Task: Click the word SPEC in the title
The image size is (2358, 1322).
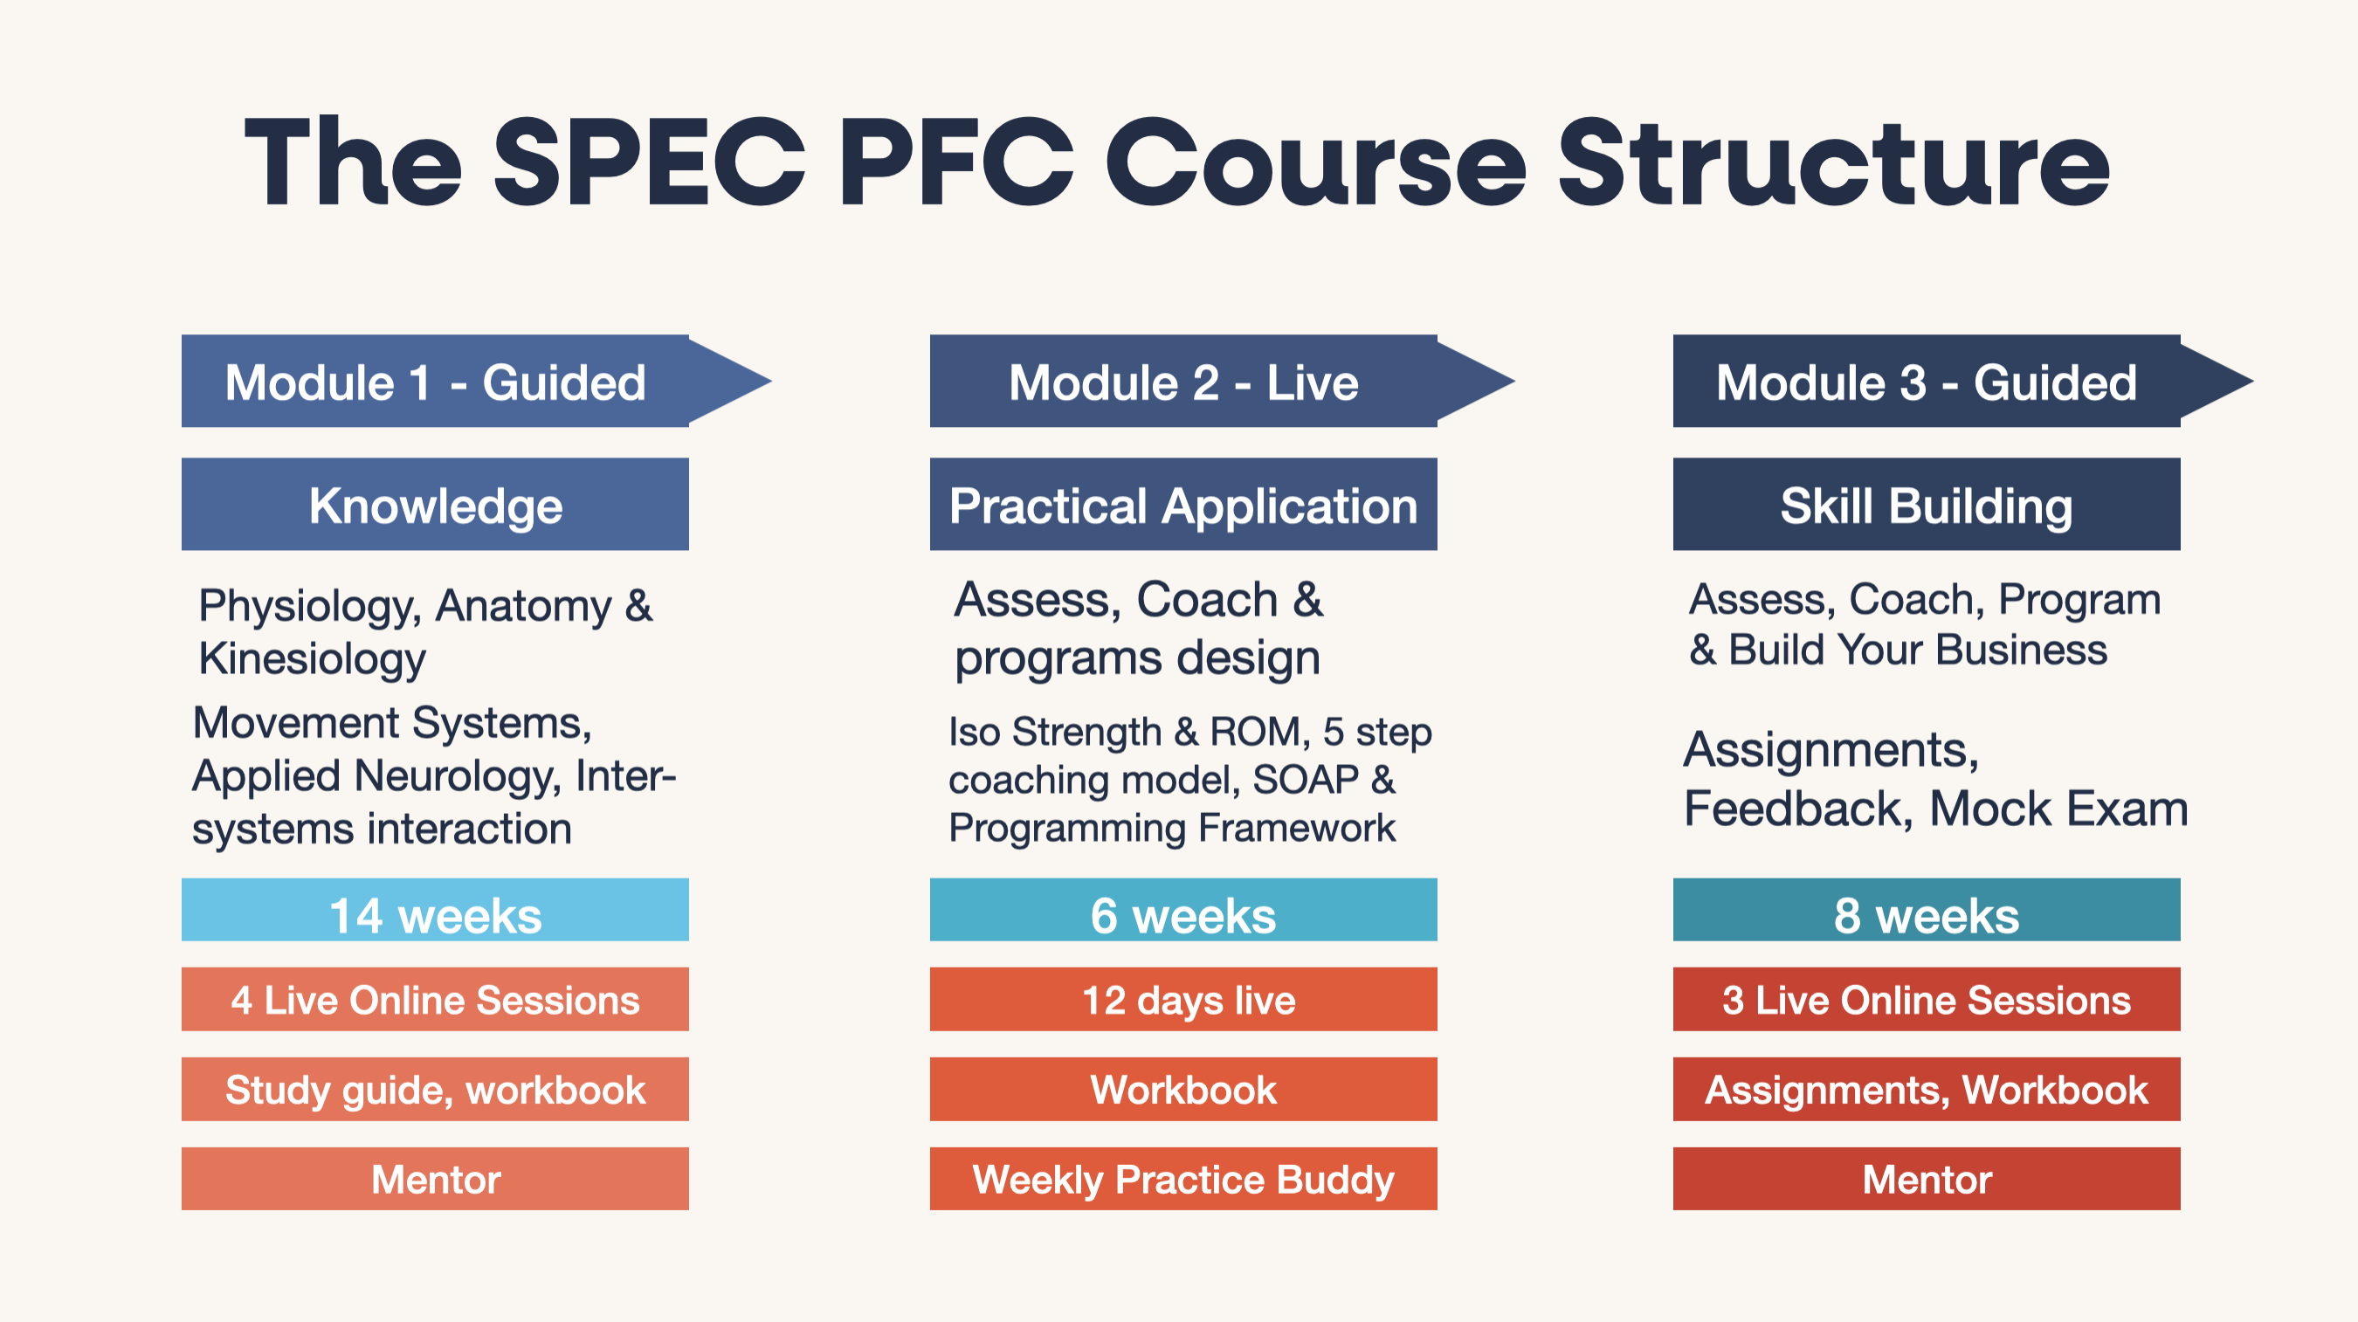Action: [x=650, y=163]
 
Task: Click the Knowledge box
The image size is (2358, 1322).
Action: [x=435, y=505]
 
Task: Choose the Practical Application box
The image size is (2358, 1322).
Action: [x=1183, y=505]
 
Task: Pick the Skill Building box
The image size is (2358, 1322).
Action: [x=1927, y=505]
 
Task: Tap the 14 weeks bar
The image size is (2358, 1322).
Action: [x=435, y=910]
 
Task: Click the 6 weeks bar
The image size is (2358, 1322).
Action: [x=1183, y=910]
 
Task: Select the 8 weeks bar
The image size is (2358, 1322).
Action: [x=1927, y=910]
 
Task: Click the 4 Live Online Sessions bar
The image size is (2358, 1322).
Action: [x=435, y=999]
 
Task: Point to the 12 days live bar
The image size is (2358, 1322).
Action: [x=1183, y=999]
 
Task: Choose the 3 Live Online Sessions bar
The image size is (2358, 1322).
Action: [x=1927, y=999]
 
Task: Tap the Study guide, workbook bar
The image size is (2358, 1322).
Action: [x=435, y=1090]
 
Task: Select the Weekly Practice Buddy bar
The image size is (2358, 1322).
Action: [x=1183, y=1179]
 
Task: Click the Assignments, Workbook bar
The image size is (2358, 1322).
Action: [x=1927, y=1090]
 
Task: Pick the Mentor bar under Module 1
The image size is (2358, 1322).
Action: [x=435, y=1179]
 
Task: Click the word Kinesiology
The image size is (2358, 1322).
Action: [x=312, y=659]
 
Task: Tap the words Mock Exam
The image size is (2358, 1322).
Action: [x=2058, y=809]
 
